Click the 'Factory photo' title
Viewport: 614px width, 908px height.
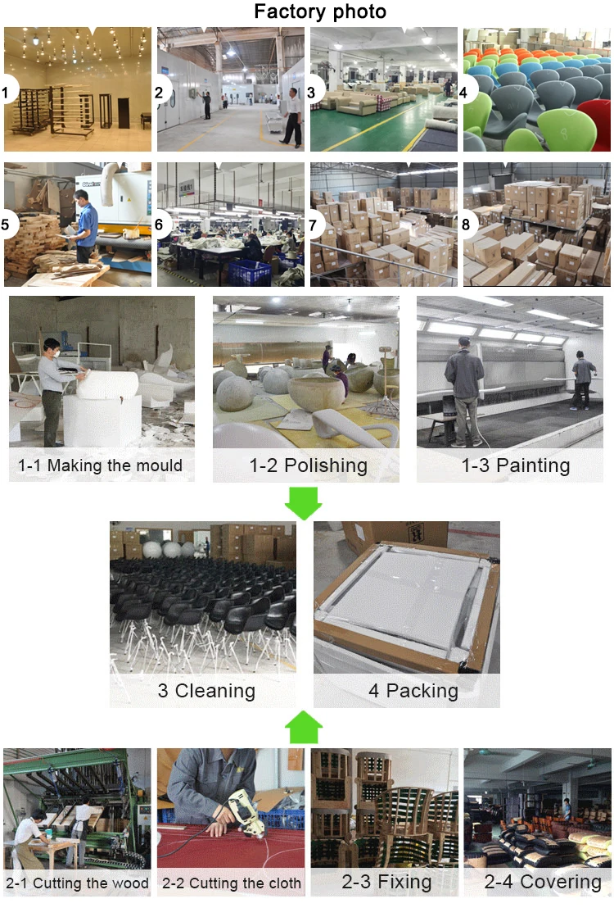click(x=319, y=12)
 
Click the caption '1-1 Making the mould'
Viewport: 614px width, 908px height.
click(x=101, y=466)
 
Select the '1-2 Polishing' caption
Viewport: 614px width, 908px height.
click(x=308, y=465)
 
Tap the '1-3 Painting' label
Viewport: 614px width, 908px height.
click(x=516, y=465)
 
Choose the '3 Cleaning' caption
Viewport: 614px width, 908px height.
click(x=206, y=690)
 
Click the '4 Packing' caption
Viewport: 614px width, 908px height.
click(x=413, y=690)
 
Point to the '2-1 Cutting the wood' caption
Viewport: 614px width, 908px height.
click(x=78, y=883)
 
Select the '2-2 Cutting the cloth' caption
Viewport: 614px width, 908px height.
click(x=232, y=883)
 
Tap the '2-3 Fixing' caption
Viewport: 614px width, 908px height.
click(x=387, y=882)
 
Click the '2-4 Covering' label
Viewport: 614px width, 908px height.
click(x=543, y=882)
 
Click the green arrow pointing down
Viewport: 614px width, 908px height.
click(x=303, y=502)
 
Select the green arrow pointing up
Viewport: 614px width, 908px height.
click(x=303, y=727)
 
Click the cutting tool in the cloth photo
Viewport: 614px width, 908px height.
click(x=245, y=810)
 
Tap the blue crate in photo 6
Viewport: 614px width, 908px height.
click(x=250, y=272)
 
